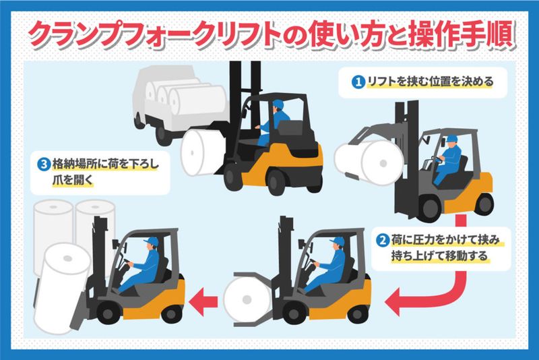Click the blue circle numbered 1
(358, 82)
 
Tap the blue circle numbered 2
(382, 240)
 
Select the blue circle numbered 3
(44, 164)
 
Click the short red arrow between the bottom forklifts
(203, 301)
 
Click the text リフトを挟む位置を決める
(431, 82)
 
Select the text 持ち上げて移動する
(439, 256)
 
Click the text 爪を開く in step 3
(73, 180)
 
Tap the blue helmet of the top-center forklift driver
(278, 104)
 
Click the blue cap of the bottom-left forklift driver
(152, 241)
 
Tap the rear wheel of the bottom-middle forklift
(358, 313)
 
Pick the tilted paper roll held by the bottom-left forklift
(61, 288)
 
